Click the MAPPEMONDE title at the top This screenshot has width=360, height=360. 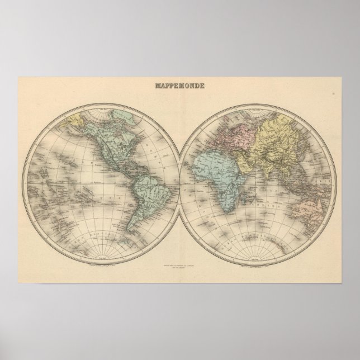pos(179,87)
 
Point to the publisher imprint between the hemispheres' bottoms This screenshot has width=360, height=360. pos(179,262)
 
